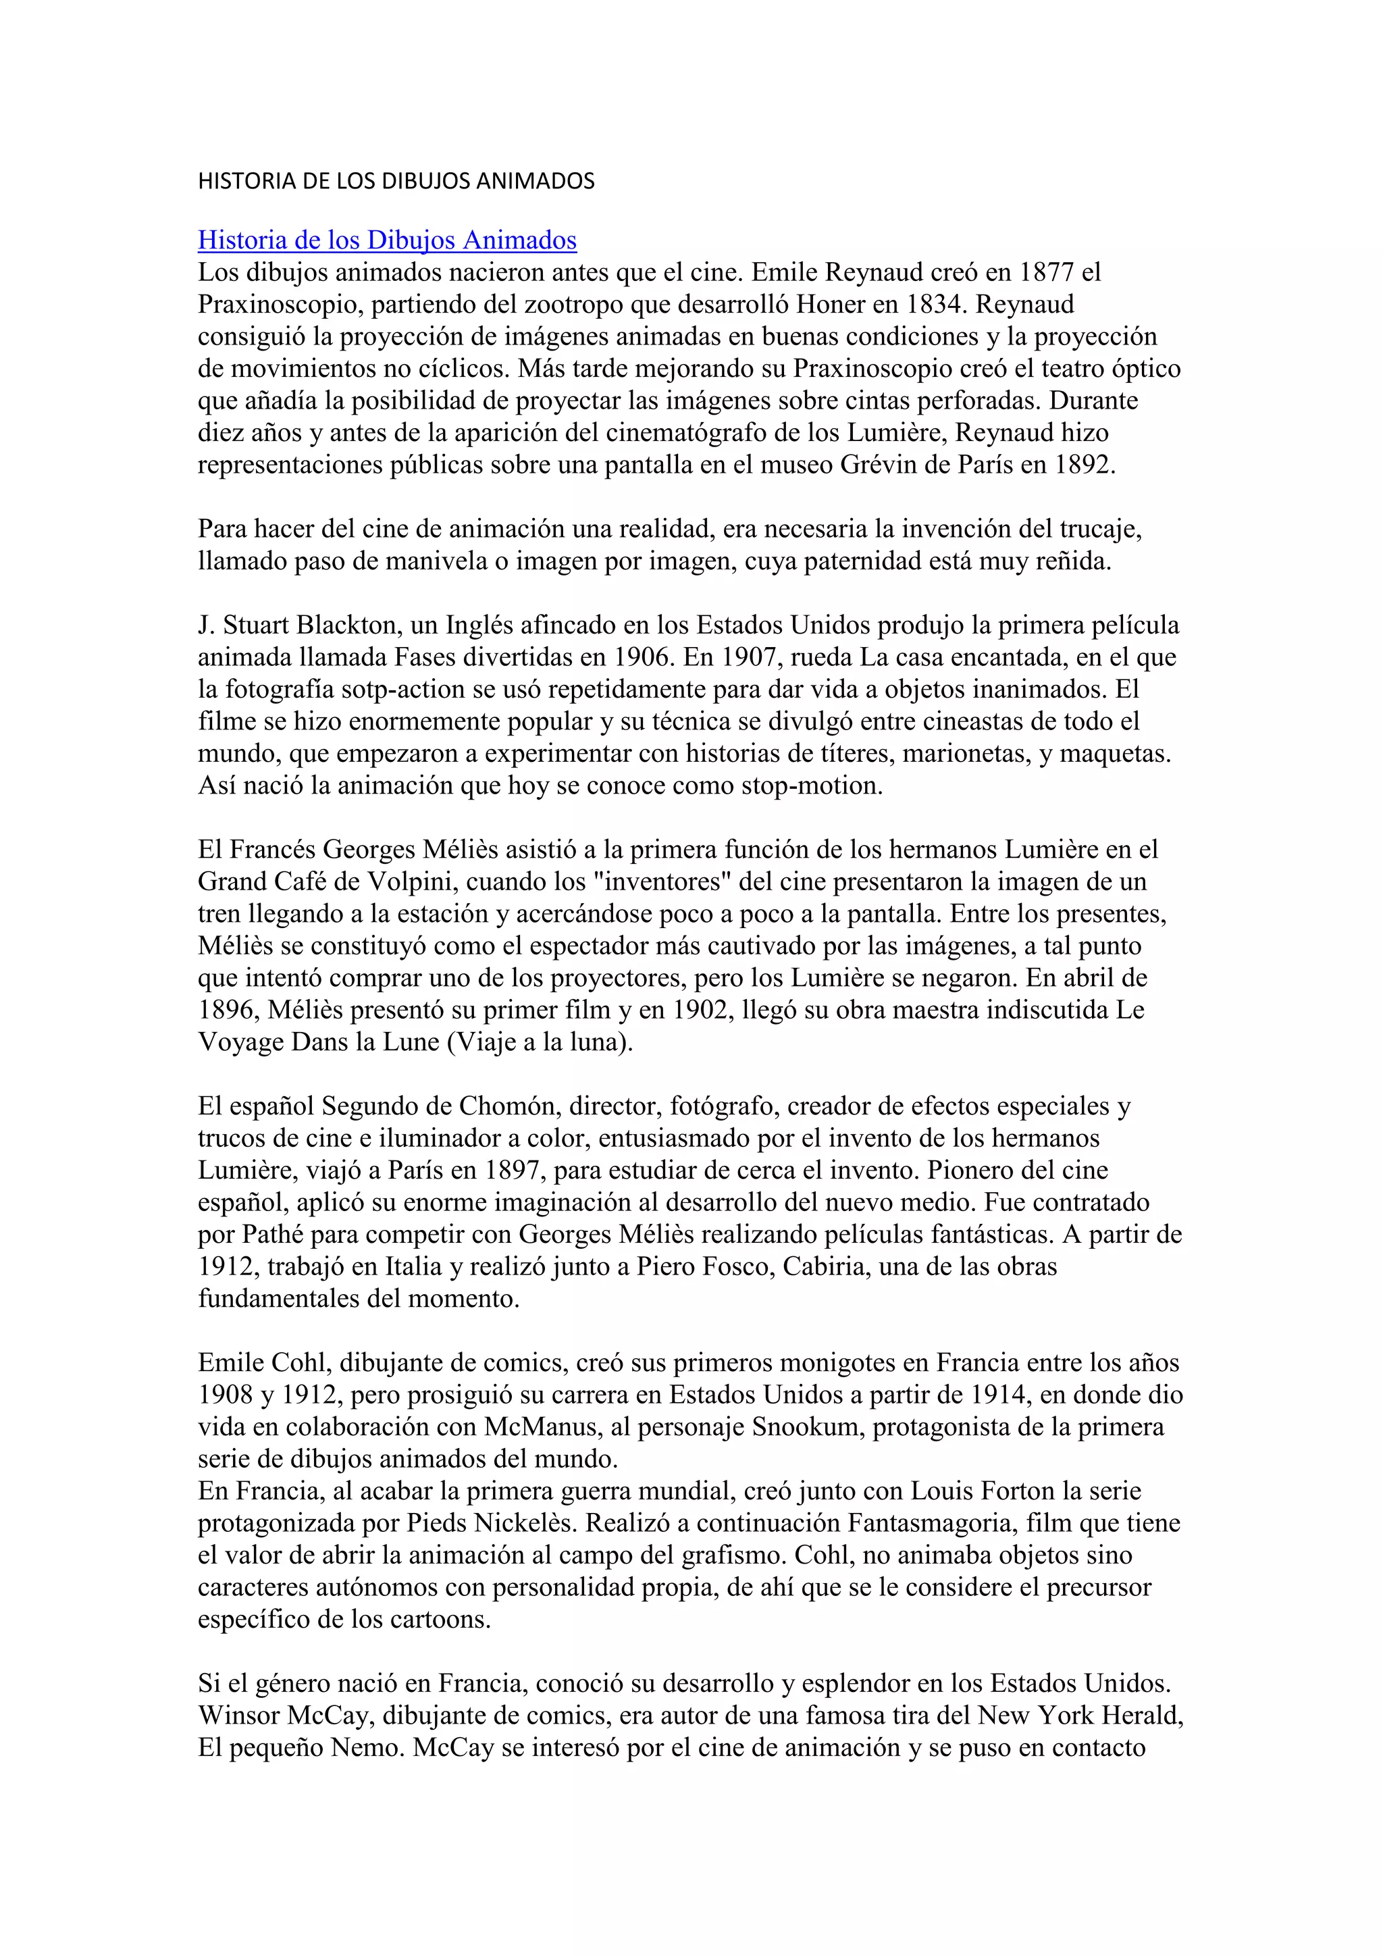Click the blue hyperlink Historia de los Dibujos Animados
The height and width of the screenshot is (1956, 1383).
(387, 240)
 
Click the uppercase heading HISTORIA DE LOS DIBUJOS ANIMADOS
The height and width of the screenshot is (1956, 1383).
(396, 180)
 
